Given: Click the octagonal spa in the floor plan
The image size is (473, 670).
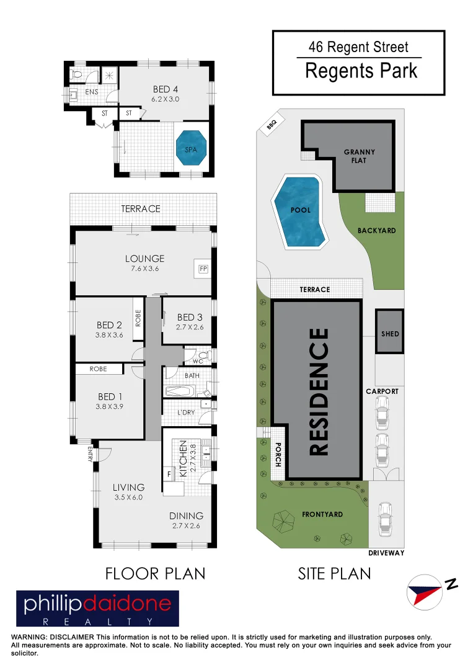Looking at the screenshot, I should (x=192, y=149).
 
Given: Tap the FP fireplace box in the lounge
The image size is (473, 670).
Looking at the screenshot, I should (x=202, y=269).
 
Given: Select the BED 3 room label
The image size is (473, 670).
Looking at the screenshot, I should (x=190, y=317).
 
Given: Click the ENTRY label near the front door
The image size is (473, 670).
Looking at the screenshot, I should (x=91, y=454).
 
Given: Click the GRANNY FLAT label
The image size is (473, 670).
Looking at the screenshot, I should (x=360, y=156).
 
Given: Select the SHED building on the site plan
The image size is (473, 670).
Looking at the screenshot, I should (x=390, y=333).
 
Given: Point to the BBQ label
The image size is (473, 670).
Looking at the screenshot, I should (x=272, y=125).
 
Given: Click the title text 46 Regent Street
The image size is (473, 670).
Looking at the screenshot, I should (x=358, y=47).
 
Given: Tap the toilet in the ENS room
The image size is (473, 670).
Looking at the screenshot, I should (x=77, y=75).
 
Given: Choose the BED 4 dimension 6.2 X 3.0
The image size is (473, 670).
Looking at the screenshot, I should (x=166, y=99).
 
